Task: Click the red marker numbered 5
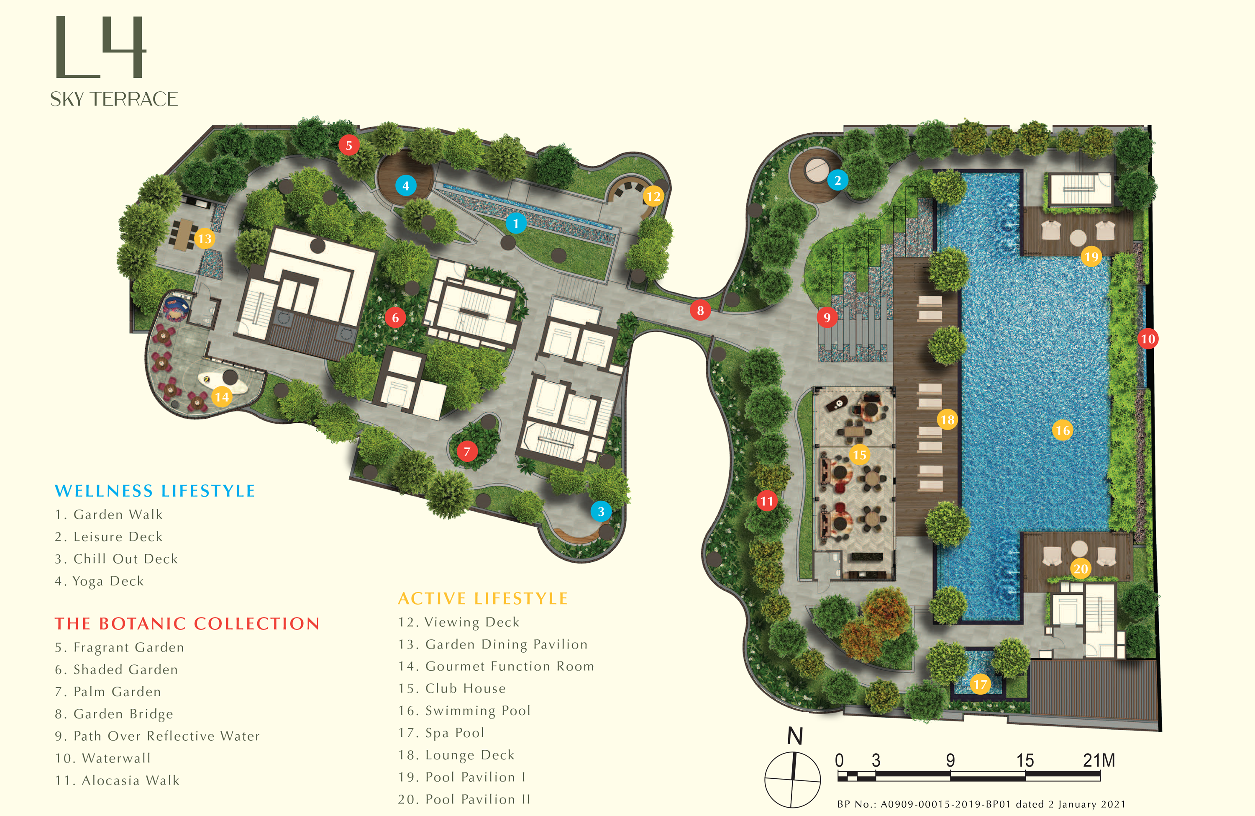click(x=348, y=145)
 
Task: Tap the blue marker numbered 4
click(x=405, y=186)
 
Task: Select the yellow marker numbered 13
click(x=205, y=239)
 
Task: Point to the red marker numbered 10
click(x=1148, y=339)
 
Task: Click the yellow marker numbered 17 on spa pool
click(x=980, y=685)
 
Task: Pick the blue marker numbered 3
click(x=601, y=512)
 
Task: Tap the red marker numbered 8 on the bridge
click(x=700, y=310)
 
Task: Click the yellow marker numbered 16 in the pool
click(x=1063, y=430)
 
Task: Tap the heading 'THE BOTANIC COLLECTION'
click(x=187, y=623)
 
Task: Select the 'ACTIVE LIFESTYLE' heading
click(x=482, y=599)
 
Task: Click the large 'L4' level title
click(x=100, y=47)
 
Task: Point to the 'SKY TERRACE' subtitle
click(x=114, y=99)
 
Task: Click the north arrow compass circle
click(x=793, y=780)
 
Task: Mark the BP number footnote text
click(x=981, y=804)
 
